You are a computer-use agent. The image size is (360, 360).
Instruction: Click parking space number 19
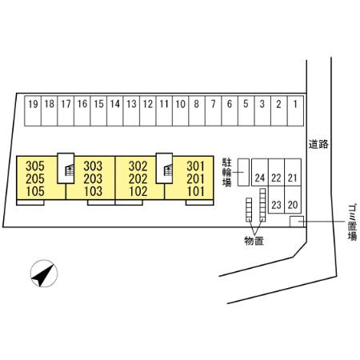33,111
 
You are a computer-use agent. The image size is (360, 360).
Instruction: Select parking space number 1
295,111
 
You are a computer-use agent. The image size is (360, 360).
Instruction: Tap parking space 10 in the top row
181,111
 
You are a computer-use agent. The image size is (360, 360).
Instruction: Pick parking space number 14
115,111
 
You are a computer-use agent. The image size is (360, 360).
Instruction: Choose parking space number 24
260,172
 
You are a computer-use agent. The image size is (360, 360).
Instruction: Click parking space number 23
277,200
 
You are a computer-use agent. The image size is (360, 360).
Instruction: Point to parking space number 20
293,200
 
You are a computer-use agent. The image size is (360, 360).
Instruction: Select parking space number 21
293,172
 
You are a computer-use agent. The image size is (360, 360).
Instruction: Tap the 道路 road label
318,144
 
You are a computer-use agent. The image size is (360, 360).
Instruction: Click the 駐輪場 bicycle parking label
227,172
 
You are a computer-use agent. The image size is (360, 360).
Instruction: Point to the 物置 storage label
254,241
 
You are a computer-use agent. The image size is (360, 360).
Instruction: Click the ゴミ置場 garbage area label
352,222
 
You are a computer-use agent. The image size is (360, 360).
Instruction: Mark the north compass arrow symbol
44,274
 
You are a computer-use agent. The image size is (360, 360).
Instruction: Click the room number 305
35,166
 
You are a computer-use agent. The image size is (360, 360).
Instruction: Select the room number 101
196,191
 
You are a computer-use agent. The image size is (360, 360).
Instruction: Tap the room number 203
93,178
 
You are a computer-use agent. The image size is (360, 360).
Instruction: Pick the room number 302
138,166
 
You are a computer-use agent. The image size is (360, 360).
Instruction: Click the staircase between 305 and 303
66,168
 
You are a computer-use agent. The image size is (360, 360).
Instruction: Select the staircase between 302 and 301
164,168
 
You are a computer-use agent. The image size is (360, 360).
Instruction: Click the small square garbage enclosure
297,222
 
